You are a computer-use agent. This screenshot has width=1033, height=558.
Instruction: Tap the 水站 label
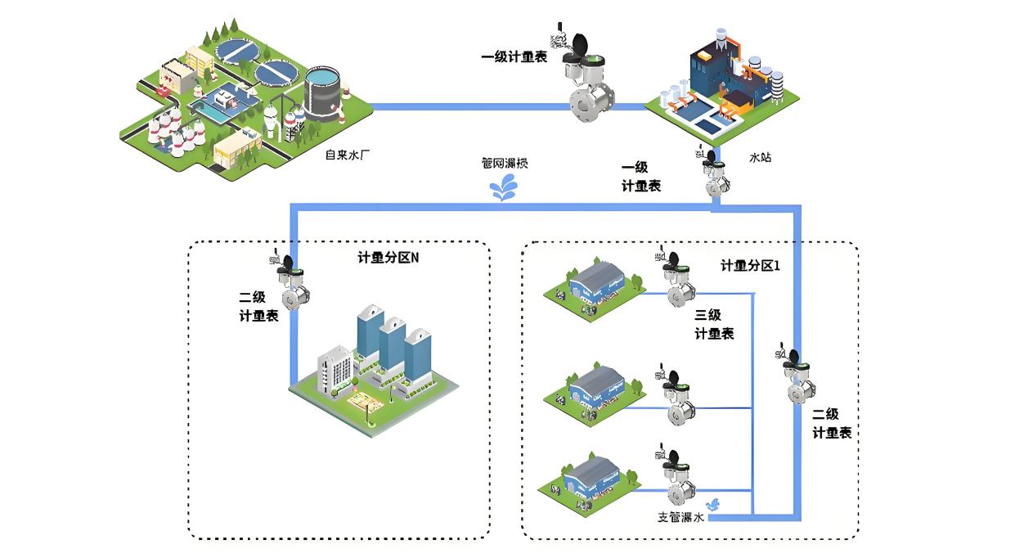(x=760, y=157)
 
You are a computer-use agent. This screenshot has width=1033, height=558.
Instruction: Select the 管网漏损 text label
(x=505, y=164)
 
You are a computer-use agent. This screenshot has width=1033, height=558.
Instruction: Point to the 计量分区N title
(x=388, y=258)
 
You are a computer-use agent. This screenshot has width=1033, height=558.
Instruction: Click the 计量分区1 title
(x=749, y=265)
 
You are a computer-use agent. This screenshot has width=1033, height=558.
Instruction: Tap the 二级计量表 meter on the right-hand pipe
(x=795, y=376)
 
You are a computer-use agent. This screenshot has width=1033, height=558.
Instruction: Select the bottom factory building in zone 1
(x=587, y=481)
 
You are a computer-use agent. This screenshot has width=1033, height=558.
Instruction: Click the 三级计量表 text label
(x=713, y=324)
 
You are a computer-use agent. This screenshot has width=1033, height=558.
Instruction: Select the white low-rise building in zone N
(x=335, y=370)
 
